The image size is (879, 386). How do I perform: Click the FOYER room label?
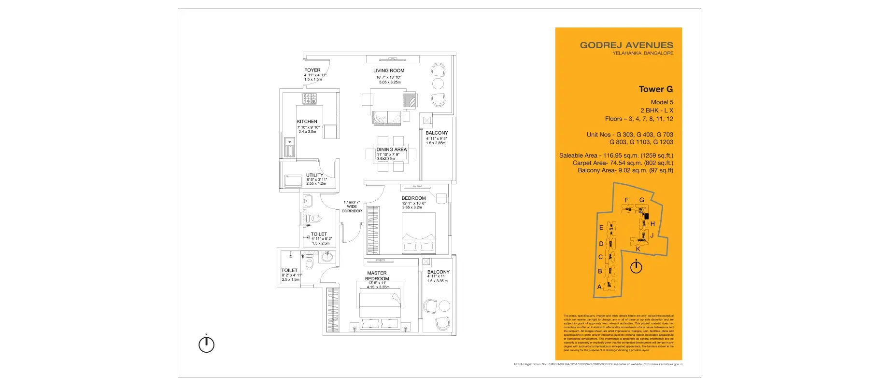[x=312, y=70]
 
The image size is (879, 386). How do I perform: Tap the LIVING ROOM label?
[x=389, y=71]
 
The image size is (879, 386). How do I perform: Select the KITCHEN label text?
[x=307, y=122]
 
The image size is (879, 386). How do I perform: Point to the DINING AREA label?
[x=392, y=150]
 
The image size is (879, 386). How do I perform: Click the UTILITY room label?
[x=314, y=176]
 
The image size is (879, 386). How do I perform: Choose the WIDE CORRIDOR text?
[x=352, y=207]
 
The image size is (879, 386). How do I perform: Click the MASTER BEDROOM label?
[x=377, y=276]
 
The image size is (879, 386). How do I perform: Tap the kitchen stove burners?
[x=309, y=99]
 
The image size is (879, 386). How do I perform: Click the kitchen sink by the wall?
[x=289, y=147]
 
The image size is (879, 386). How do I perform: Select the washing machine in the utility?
[x=293, y=181]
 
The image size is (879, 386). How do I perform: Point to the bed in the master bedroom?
[x=379, y=309]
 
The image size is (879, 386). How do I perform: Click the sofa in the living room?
[x=387, y=117]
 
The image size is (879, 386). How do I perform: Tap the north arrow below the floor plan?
[x=206, y=344]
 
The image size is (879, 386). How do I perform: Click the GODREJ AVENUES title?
[x=626, y=45]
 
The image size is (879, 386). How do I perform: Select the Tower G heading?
[x=655, y=89]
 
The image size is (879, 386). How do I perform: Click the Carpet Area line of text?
[x=623, y=163]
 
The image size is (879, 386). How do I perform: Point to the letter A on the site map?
[x=599, y=287]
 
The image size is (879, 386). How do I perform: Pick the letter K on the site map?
[x=638, y=249]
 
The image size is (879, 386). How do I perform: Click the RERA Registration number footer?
[x=598, y=364]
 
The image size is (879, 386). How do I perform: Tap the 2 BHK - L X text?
[x=656, y=110]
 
